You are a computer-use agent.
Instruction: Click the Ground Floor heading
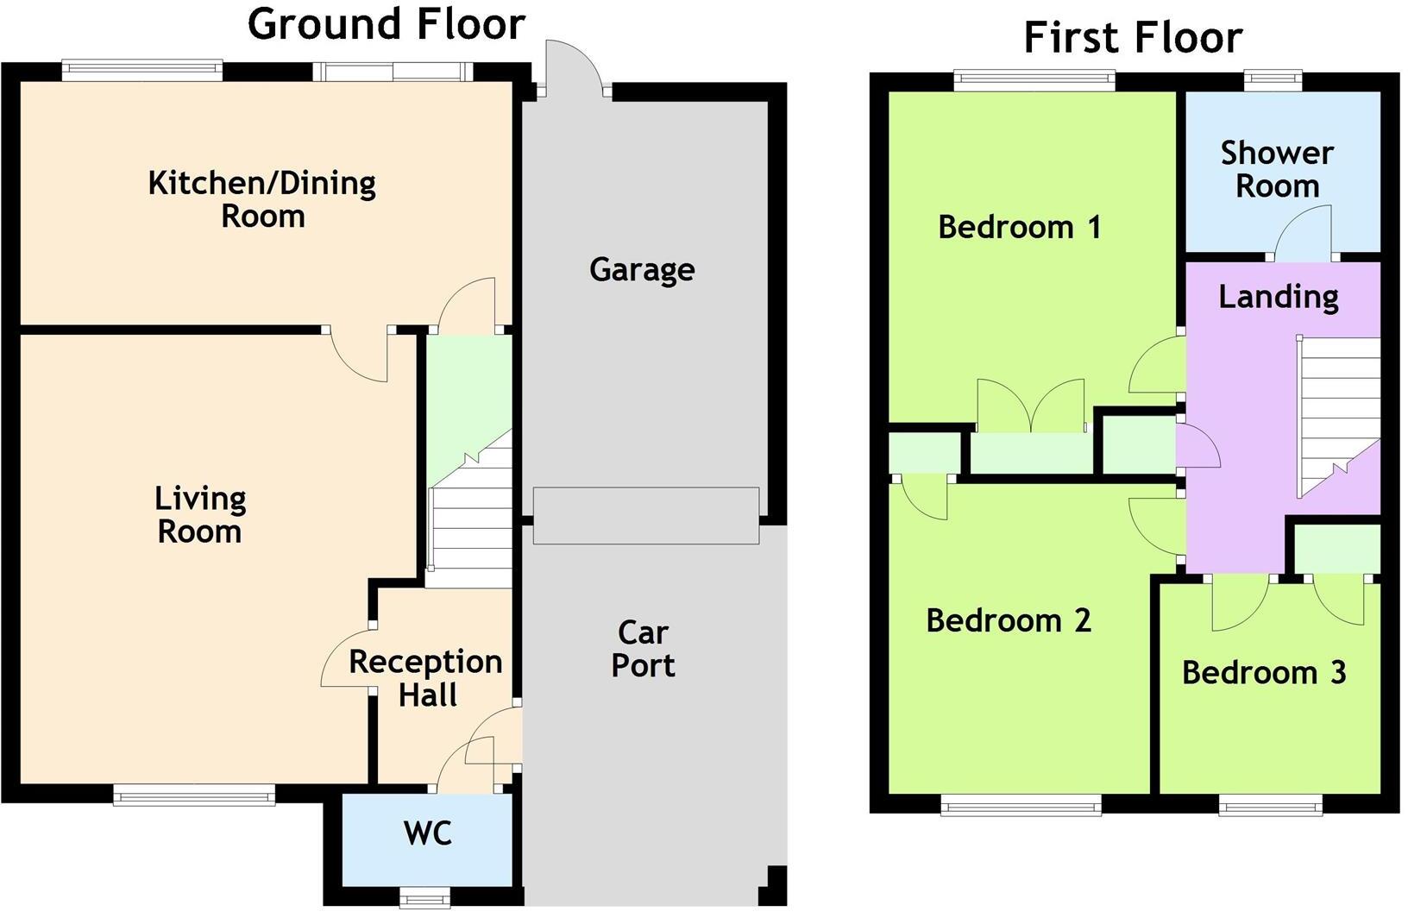tap(386, 24)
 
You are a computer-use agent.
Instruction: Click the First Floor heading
tap(1132, 38)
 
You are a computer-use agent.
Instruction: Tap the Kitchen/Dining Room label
tap(262, 199)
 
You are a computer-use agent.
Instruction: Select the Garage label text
tap(642, 270)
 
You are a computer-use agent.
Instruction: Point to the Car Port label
tap(644, 649)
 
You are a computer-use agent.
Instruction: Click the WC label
tap(427, 834)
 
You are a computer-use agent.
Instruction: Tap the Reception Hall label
tap(425, 678)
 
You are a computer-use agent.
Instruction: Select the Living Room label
tap(200, 515)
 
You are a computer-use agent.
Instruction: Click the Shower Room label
tap(1277, 169)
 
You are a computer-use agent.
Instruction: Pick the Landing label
tap(1278, 297)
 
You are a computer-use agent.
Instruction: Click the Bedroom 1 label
tap(1019, 228)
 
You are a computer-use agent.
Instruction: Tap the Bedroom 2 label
tap(1008, 620)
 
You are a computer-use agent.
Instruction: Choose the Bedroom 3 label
tap(1263, 673)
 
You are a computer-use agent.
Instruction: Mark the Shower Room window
tap(1273, 81)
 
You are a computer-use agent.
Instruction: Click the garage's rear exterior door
tap(571, 69)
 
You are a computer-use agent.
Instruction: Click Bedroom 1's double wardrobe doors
tap(1031, 406)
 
